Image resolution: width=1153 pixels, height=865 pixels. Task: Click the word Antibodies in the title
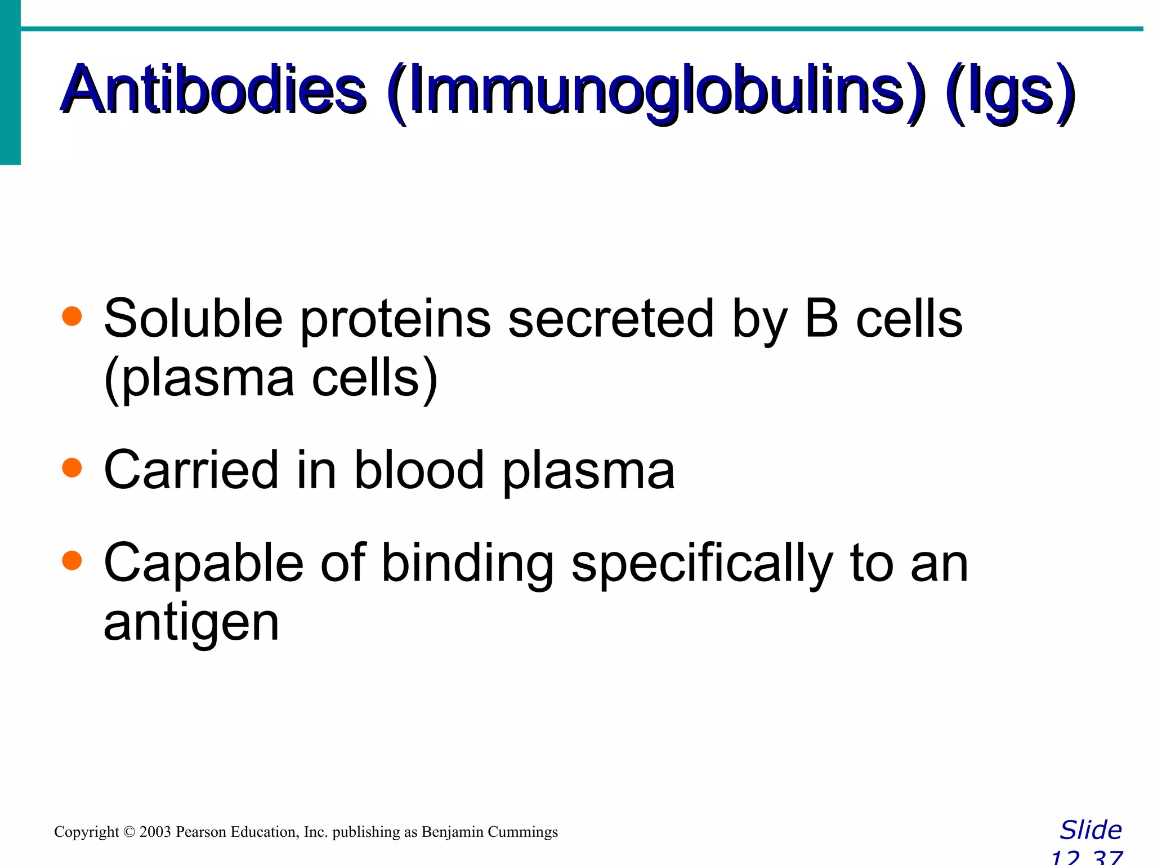click(x=214, y=90)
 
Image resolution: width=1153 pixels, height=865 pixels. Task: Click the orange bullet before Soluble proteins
click(x=72, y=316)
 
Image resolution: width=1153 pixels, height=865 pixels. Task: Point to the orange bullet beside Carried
click(x=72, y=467)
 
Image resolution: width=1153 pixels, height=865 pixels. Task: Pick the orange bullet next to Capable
click(x=72, y=560)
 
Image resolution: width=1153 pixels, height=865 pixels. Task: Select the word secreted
click(x=611, y=319)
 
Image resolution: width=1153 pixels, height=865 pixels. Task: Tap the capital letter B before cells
click(x=821, y=319)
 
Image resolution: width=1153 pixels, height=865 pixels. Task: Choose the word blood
click(x=419, y=470)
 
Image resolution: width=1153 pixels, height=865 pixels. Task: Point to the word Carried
click(x=191, y=470)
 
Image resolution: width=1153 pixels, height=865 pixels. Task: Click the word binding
click(x=468, y=565)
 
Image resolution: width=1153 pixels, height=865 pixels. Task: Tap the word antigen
click(x=191, y=624)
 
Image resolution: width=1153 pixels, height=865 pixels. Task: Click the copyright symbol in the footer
click(x=129, y=832)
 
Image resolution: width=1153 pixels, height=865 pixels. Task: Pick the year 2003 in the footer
click(x=155, y=832)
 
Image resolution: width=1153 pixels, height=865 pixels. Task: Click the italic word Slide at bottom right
click(x=1091, y=830)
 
